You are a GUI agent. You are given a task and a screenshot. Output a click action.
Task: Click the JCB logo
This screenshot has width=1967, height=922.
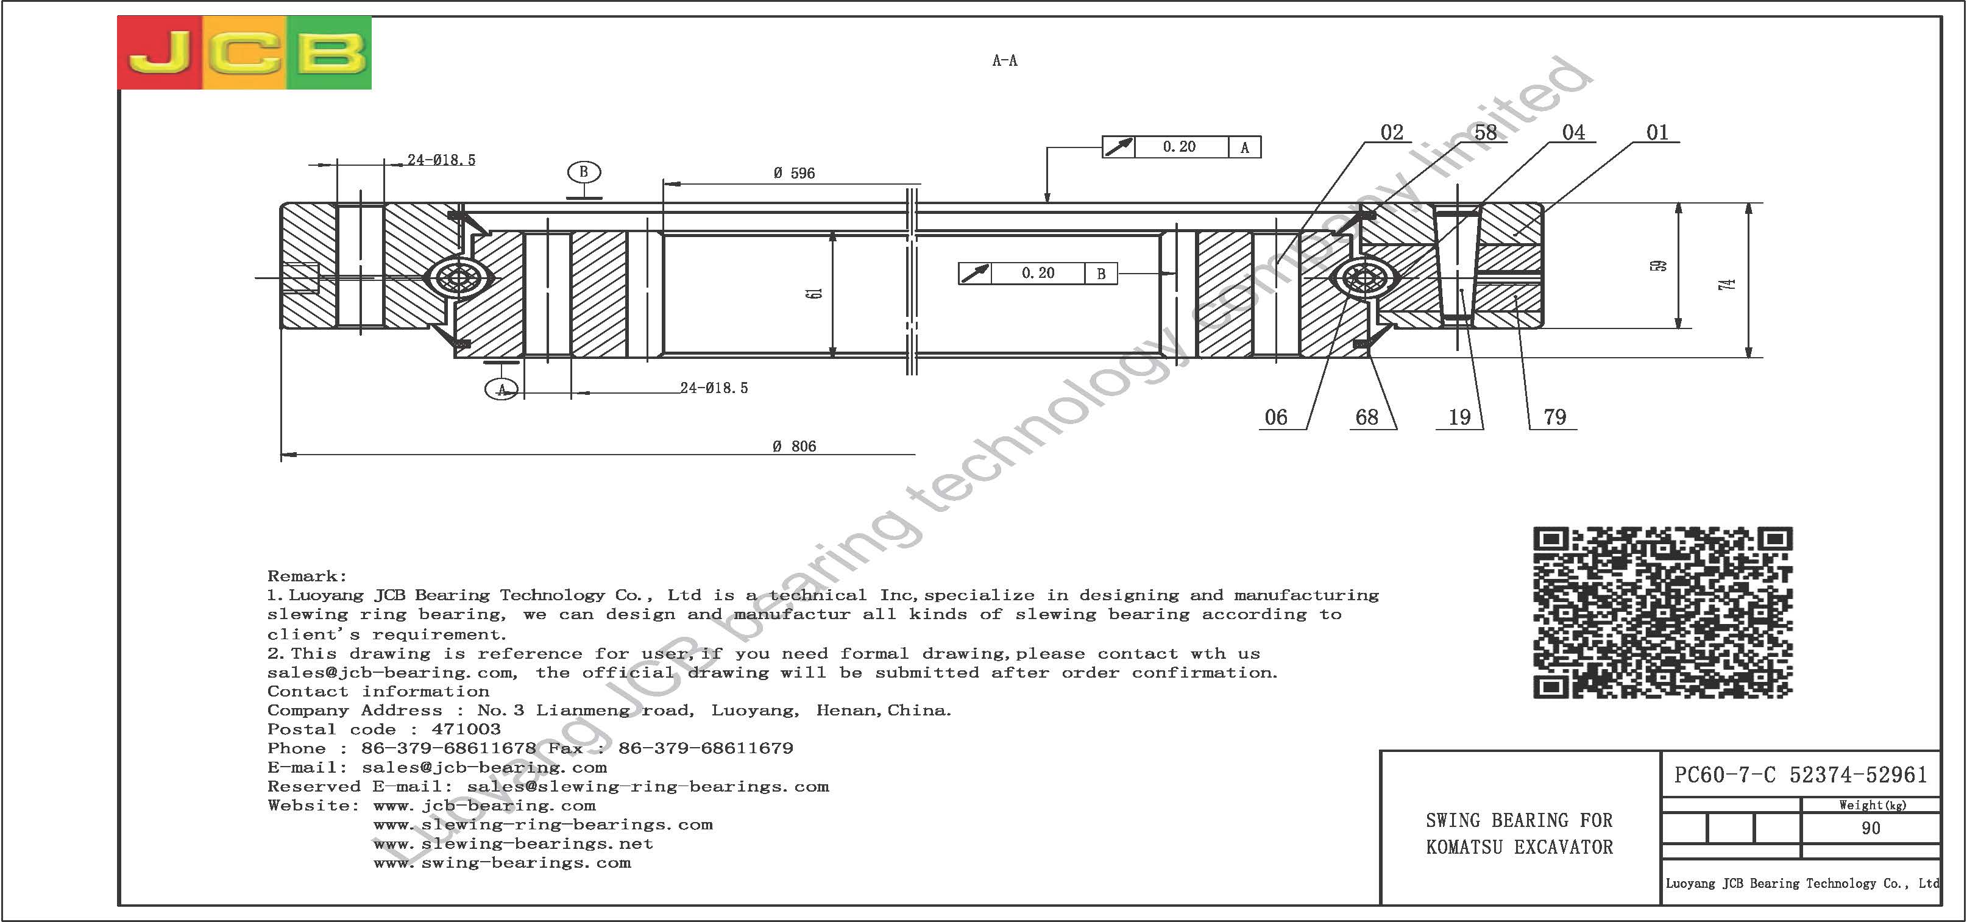click(244, 52)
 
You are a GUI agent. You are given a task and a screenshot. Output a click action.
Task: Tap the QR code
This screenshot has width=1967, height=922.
click(1662, 612)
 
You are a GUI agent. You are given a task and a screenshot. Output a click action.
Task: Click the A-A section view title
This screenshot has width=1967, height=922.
click(1005, 60)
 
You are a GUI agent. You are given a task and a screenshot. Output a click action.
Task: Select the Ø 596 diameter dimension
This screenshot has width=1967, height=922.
click(794, 174)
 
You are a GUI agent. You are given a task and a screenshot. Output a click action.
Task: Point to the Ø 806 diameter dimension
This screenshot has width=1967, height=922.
click(794, 446)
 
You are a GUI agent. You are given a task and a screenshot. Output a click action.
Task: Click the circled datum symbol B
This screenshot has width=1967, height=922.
click(584, 172)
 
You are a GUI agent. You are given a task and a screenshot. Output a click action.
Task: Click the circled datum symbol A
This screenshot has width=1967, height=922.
click(501, 389)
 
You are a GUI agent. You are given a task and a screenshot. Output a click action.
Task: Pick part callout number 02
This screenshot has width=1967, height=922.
click(1392, 133)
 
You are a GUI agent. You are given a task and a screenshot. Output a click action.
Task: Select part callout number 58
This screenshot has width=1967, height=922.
click(1485, 133)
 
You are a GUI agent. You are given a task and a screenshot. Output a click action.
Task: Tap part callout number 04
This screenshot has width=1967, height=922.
click(1574, 133)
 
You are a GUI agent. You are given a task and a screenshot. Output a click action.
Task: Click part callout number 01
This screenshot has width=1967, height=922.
click(1657, 133)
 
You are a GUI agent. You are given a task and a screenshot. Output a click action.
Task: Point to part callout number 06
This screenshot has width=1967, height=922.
click(1276, 417)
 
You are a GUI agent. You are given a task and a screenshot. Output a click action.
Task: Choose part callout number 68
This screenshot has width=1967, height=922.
click(1367, 417)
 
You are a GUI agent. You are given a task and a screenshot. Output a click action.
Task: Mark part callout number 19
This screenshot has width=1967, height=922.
click(1460, 417)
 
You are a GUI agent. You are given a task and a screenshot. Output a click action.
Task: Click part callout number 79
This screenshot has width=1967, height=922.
click(1554, 417)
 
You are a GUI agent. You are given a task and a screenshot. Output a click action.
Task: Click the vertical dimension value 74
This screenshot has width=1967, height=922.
click(1728, 284)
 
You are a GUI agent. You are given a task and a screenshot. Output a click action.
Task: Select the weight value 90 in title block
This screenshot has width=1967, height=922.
click(1871, 828)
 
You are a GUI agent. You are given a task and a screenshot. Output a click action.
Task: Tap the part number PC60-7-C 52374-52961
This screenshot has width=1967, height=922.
click(1801, 775)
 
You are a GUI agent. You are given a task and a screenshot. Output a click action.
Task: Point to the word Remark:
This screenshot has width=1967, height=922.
click(307, 576)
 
